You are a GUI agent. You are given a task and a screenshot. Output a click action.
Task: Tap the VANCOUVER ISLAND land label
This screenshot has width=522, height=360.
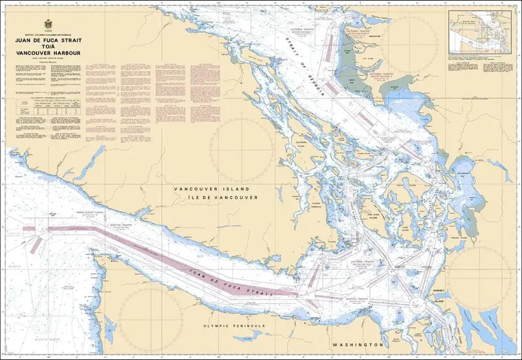pyautogui.click(x=212, y=188)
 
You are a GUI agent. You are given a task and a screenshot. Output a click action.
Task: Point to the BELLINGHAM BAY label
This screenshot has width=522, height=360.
pyautogui.click(x=464, y=172)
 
